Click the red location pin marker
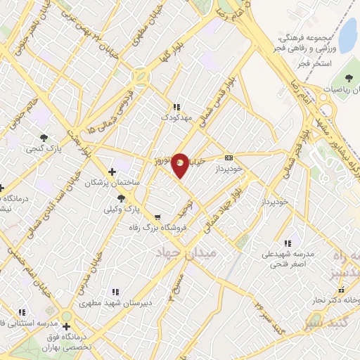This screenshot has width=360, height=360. pos(181,164)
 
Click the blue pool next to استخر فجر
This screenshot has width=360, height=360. pos(347,32)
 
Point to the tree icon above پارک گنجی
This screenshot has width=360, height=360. pos(44,138)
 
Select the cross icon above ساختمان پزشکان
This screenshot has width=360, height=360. pos(112,172)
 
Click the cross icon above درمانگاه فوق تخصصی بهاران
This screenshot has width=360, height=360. pos(66,326)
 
